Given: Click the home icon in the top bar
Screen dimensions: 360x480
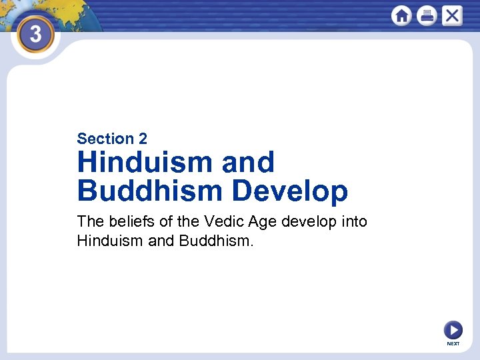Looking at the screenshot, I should [401, 15].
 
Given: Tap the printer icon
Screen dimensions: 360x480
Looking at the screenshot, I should [427, 15].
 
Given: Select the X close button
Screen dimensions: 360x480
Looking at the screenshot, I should [452, 15].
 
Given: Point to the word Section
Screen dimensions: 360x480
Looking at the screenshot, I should [105, 139].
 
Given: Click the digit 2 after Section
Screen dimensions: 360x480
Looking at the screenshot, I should [143, 139].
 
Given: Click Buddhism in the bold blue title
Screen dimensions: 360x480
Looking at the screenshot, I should [149, 191].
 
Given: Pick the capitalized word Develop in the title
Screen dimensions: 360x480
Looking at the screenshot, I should [290, 191].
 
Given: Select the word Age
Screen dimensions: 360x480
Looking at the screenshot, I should [265, 222].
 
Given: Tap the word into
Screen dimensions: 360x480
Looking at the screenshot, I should [353, 221].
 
